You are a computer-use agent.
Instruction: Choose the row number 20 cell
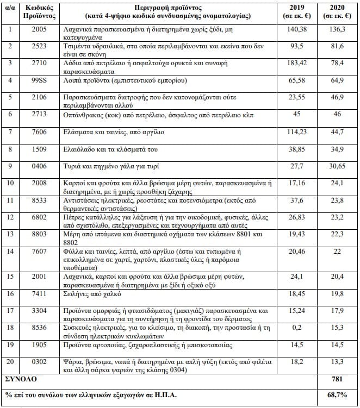click(10, 361)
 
